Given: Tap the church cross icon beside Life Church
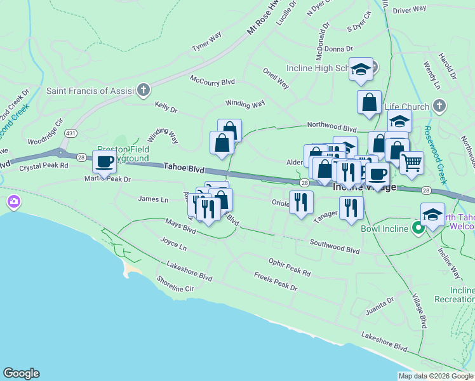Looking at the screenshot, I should (438, 105).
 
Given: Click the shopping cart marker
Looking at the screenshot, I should (411, 163).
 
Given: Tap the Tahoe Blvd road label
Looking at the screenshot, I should (184, 169).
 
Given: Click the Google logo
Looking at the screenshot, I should (21, 373).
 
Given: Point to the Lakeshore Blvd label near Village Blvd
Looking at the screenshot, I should (384, 341).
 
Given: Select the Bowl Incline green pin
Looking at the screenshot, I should (418, 228).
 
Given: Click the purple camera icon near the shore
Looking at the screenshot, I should (13, 203).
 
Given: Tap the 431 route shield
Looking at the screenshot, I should (70, 133).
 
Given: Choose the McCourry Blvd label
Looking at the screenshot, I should (212, 80).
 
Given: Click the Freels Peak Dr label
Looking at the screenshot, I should (275, 282).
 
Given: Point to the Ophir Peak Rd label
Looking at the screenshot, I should (289, 267).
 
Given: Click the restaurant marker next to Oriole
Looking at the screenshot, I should (301, 202).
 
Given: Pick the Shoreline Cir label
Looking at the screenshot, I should (175, 283).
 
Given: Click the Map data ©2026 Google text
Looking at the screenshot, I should (436, 376).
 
